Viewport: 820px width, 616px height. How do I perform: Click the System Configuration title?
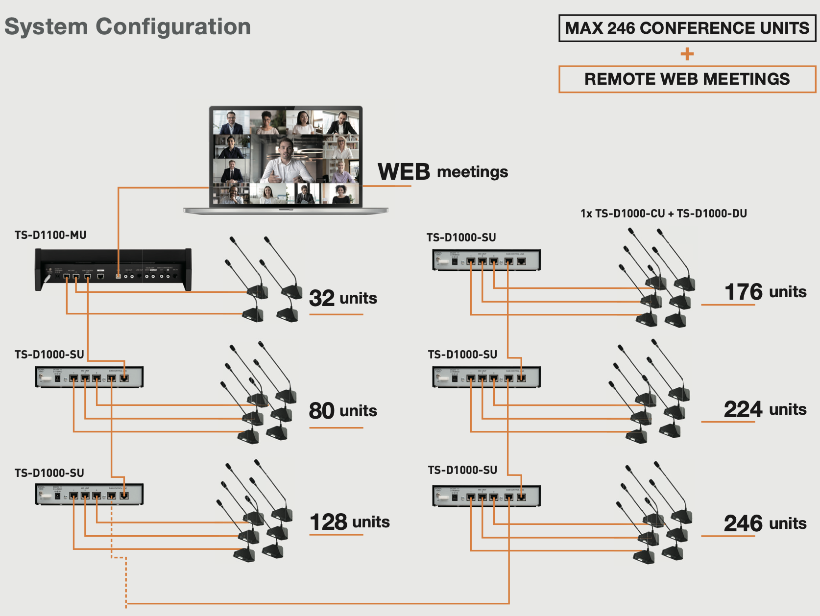point(127,26)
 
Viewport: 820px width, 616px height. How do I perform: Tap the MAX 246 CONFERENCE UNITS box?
point(687,28)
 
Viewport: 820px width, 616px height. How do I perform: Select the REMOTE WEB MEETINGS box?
point(687,79)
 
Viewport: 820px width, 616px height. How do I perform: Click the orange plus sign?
point(687,54)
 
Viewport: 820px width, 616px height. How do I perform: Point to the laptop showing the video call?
point(286,159)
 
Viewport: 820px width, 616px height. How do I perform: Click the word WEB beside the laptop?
point(404,172)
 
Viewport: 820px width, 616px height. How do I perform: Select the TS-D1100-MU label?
point(50,235)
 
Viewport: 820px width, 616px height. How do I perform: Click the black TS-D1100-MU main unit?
point(113,269)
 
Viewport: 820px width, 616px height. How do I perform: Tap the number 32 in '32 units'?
point(322,298)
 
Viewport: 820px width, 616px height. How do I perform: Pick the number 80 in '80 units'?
point(321,411)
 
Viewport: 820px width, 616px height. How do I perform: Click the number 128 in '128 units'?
point(328,522)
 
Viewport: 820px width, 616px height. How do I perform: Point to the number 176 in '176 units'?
point(744,292)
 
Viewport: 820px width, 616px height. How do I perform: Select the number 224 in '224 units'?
point(743,409)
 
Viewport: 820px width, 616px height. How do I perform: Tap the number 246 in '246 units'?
point(743,523)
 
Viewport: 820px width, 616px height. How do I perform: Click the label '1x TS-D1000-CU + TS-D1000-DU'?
point(663,213)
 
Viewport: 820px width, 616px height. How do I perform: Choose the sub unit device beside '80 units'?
point(89,377)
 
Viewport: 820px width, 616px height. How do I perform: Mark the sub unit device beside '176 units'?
point(486,260)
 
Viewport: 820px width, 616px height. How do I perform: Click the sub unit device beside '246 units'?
point(486,496)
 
